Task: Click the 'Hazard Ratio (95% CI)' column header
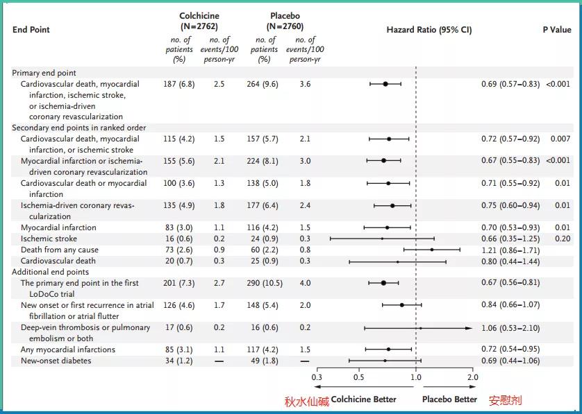click(429, 30)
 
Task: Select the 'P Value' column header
click(556, 30)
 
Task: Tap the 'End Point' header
click(31, 30)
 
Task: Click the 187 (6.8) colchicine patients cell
click(180, 84)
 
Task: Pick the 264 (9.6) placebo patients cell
click(264, 84)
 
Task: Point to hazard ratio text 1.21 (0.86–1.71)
click(510, 250)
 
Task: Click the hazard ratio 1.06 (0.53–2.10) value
click(510, 327)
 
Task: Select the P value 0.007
click(560, 139)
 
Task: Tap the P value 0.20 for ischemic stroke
click(562, 239)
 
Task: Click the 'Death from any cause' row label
click(60, 250)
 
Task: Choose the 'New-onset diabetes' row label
click(56, 361)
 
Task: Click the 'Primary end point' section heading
click(44, 73)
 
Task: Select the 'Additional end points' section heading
click(50, 272)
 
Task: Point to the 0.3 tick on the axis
click(317, 377)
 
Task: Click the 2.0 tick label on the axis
click(472, 377)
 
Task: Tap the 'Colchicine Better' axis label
click(363, 399)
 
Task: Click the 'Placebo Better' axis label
click(449, 399)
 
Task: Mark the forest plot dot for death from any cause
click(432, 250)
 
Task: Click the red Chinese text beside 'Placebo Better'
click(505, 400)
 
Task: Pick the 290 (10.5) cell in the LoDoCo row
click(264, 283)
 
